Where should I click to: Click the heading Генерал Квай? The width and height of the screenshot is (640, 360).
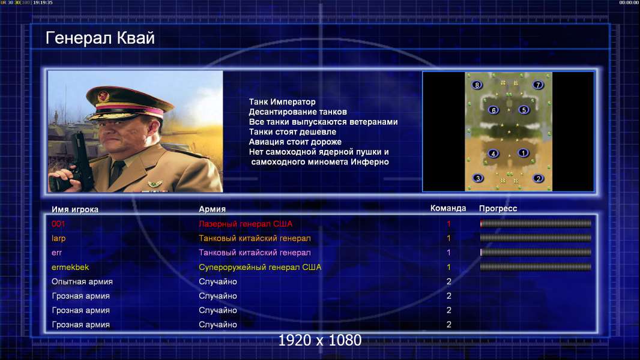(100, 38)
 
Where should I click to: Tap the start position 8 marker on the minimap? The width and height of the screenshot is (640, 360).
(477, 85)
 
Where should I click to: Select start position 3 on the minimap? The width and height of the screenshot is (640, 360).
(477, 178)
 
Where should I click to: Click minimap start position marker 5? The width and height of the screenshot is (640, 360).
(524, 110)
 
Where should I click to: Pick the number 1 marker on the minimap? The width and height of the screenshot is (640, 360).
(523, 153)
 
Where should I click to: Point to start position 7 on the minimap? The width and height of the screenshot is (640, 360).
(537, 85)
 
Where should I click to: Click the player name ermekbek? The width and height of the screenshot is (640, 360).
(70, 268)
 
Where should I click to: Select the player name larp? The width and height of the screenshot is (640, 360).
(58, 239)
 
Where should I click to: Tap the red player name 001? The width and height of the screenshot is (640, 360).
(58, 224)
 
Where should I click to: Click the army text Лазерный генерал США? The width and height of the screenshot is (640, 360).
(246, 224)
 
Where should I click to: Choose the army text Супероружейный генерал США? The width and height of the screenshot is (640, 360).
(260, 268)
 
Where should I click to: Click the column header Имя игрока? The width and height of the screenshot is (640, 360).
(74, 209)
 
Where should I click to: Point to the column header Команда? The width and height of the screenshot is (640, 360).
(448, 208)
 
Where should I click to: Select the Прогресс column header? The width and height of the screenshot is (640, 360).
(498, 209)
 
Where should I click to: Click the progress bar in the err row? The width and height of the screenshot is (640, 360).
(536, 253)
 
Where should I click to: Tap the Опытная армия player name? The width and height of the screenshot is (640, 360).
(82, 282)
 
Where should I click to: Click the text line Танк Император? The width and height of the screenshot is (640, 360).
(282, 102)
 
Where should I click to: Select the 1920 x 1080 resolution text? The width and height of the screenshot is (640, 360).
(320, 340)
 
